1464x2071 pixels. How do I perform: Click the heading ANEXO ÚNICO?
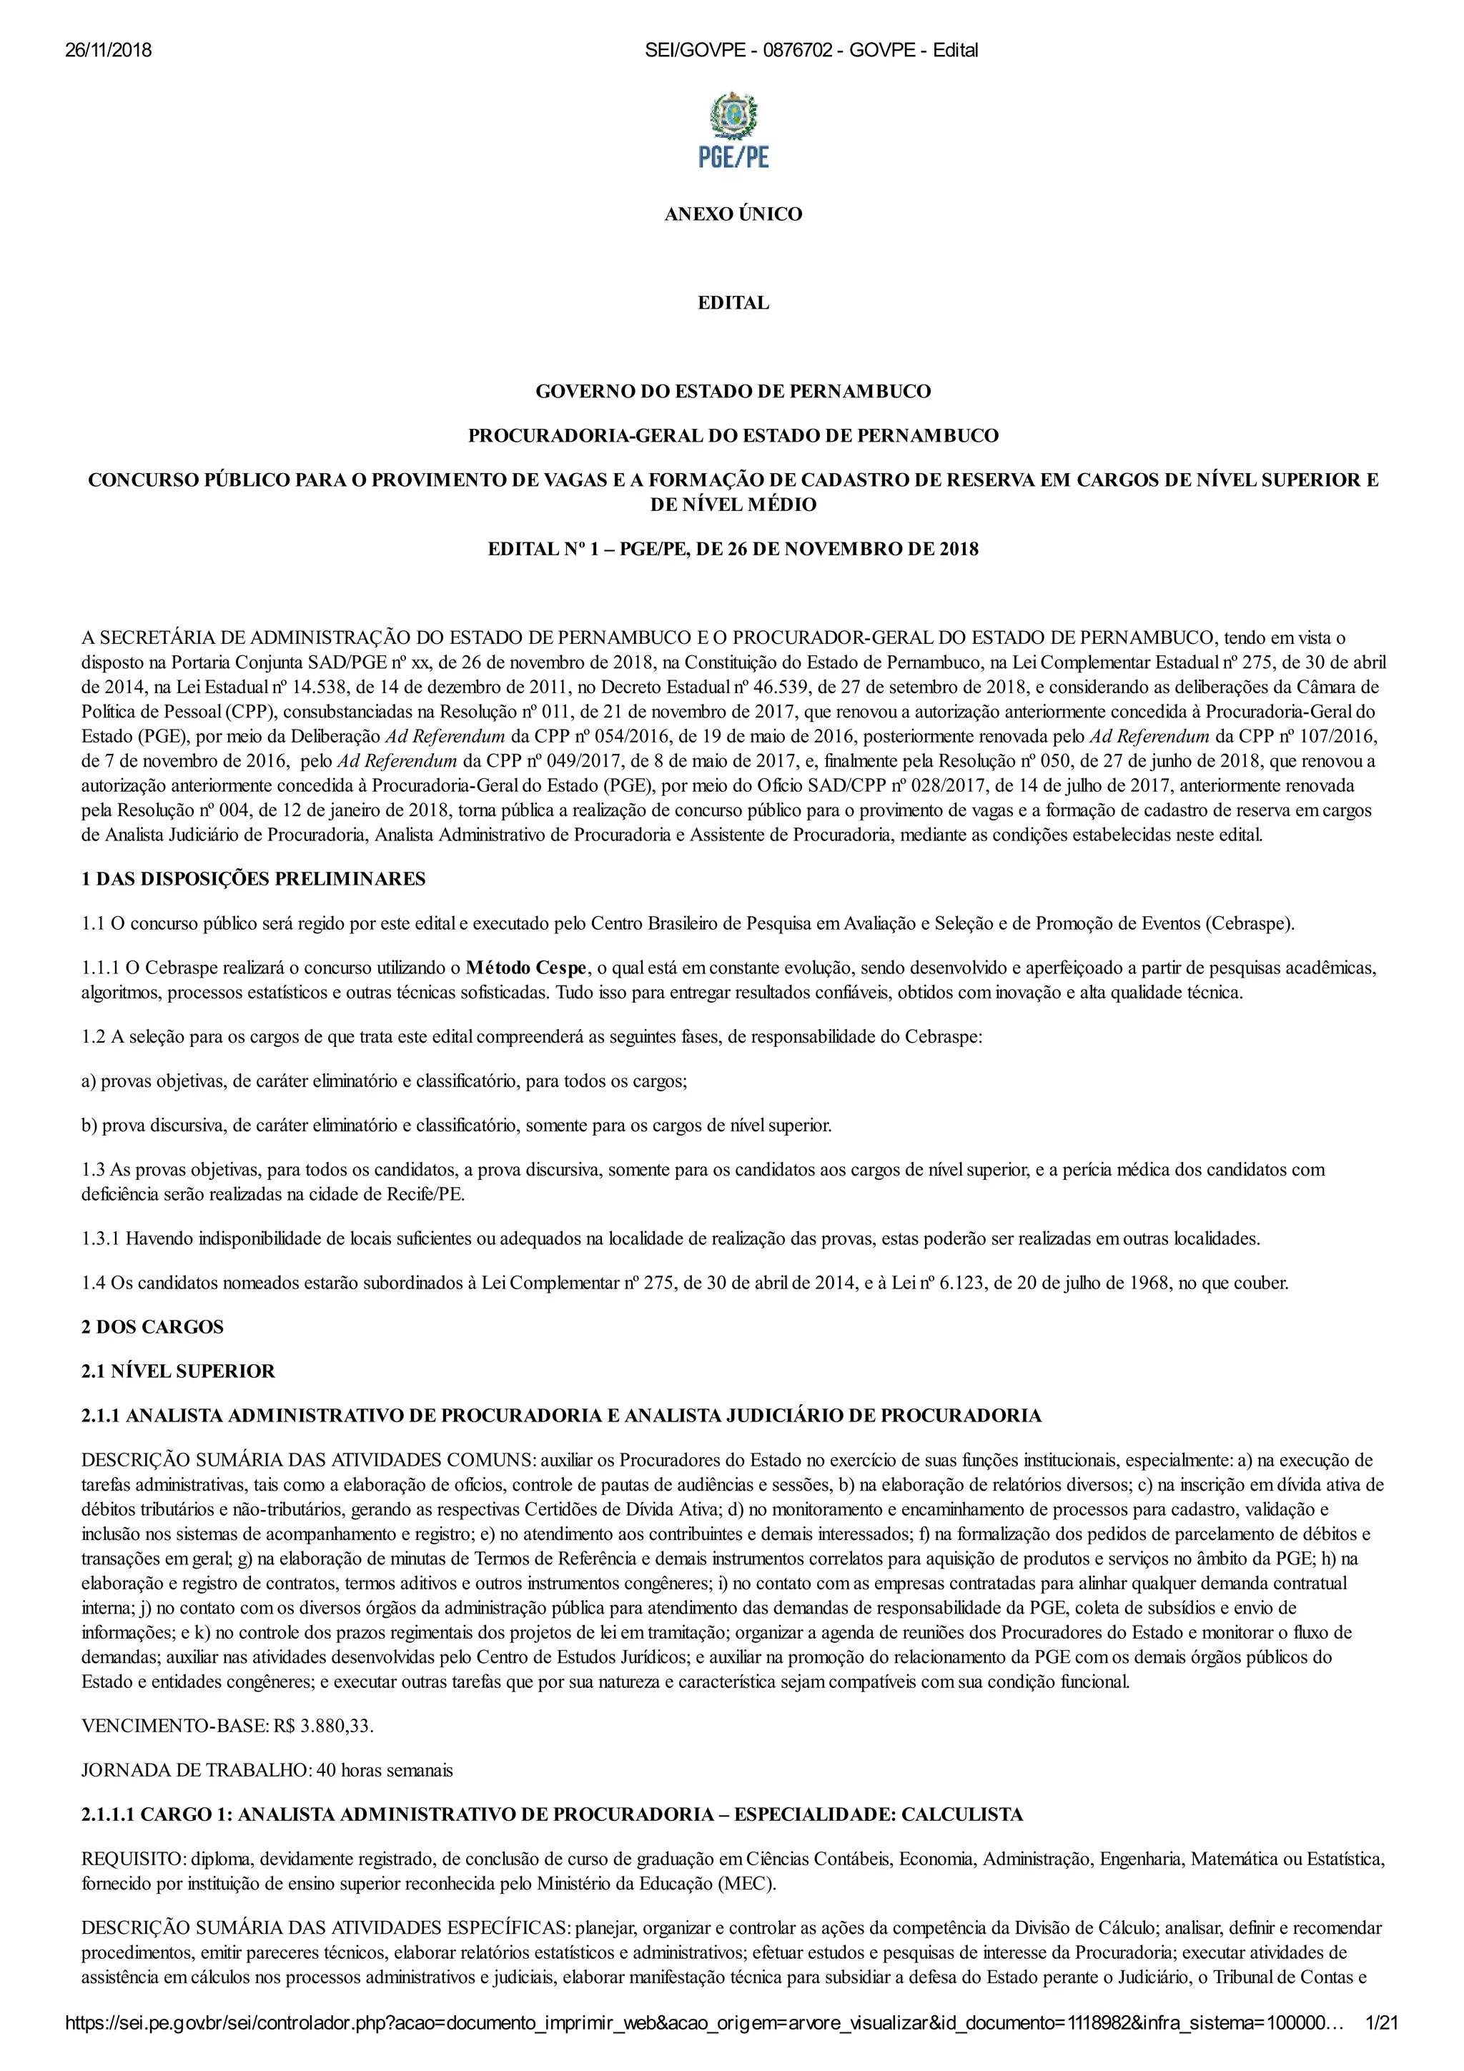[733, 214]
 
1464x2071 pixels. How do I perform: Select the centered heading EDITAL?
[733, 303]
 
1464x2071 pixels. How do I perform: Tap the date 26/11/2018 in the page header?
[108, 51]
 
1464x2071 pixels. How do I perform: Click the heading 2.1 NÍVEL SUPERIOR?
[178, 1371]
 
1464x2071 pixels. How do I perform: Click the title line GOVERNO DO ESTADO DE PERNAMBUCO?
[733, 392]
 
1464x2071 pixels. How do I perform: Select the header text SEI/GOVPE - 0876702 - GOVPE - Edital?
[811, 51]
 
